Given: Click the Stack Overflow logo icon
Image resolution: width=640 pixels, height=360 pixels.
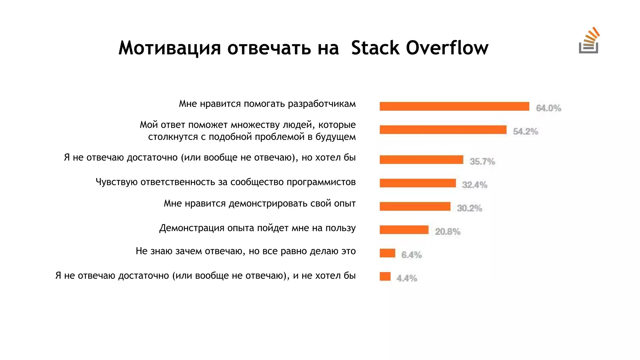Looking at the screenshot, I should [x=589, y=41].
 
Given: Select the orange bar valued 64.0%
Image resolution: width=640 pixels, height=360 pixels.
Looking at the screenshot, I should [x=454, y=107].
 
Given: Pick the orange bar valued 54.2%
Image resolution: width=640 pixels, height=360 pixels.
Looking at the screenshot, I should [x=443, y=130].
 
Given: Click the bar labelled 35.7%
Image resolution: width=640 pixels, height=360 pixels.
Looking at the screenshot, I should [x=421, y=160].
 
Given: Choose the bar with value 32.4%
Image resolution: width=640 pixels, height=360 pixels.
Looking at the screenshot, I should [x=417, y=183].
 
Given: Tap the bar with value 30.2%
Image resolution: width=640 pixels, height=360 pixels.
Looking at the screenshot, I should [x=415, y=207].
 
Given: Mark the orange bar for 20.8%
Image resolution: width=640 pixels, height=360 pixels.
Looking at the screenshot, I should [x=404, y=230].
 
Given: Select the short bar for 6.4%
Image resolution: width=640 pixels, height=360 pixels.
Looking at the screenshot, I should [x=387, y=253].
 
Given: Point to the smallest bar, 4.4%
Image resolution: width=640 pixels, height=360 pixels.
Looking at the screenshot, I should [x=385, y=277].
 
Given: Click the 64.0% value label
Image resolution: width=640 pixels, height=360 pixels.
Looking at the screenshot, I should [x=548, y=108].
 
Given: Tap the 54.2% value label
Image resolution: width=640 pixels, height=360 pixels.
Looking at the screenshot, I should [x=525, y=132].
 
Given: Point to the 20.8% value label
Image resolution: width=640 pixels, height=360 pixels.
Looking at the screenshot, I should [x=447, y=232].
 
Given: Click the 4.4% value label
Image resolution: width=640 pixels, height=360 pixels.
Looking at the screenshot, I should [x=407, y=278].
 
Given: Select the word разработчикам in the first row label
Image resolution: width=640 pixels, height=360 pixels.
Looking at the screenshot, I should [x=322, y=104].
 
